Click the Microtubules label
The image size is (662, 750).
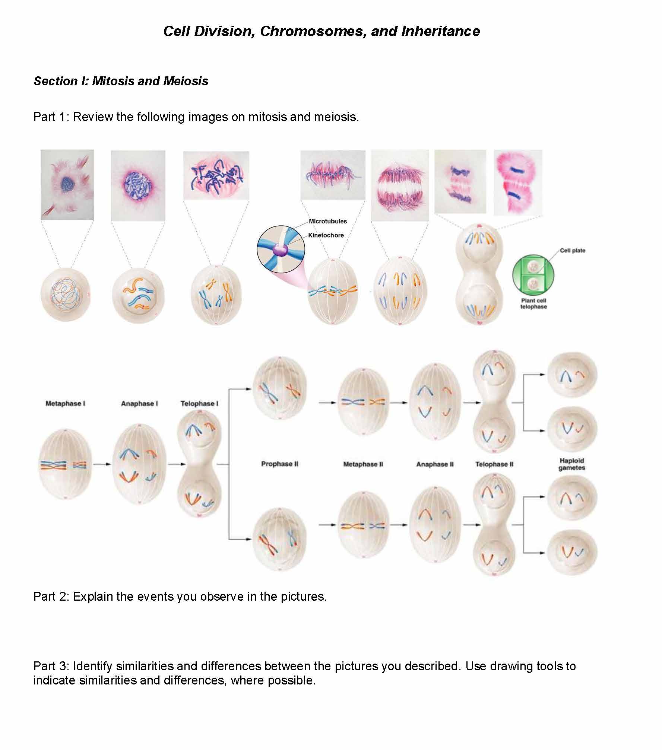(x=327, y=221)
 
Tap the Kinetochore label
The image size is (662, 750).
(x=326, y=235)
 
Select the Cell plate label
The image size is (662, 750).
(x=572, y=251)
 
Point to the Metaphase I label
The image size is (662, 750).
(x=65, y=403)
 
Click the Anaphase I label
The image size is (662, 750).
(x=139, y=404)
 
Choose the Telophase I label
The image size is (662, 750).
(x=199, y=404)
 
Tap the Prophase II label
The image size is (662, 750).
(x=279, y=464)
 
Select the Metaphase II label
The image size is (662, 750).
(x=363, y=464)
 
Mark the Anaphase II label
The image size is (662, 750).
(x=435, y=464)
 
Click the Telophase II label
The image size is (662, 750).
(x=494, y=464)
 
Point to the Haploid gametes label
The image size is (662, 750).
(x=571, y=464)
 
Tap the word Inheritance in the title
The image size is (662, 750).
(x=440, y=31)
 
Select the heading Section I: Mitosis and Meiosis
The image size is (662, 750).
(x=121, y=81)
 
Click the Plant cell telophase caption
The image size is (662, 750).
(x=533, y=304)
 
